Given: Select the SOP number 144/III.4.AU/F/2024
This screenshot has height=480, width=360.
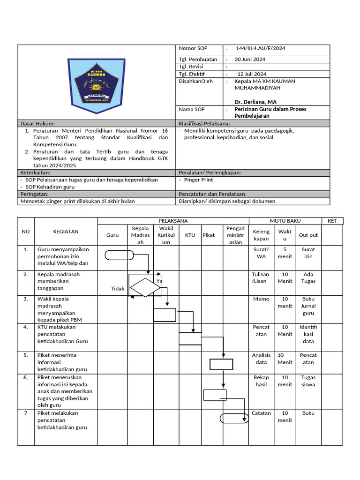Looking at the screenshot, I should click(x=263, y=49).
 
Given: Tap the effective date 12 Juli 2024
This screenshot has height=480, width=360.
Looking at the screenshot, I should click(x=252, y=74).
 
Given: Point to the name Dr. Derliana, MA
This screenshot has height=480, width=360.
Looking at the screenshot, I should click(x=255, y=102).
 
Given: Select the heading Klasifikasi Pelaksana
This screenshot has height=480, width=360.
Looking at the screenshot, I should click(x=204, y=123).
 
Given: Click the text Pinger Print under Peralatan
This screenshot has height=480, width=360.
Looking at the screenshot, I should click(x=198, y=180).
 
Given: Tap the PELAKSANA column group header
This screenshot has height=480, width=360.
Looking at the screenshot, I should click(x=173, y=221).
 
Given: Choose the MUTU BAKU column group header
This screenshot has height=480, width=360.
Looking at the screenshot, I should click(x=285, y=221).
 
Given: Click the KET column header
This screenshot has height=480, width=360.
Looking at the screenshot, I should click(x=332, y=221).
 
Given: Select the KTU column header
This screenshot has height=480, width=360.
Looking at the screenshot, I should click(x=190, y=235).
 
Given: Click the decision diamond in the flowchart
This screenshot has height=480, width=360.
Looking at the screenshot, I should click(x=145, y=287).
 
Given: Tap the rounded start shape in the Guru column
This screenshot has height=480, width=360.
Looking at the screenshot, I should click(x=120, y=255).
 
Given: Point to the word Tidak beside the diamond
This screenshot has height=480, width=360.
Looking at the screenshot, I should click(x=118, y=289).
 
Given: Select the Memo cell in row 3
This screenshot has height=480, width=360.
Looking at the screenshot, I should click(x=261, y=299).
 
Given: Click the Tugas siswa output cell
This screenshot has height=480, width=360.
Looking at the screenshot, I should click(x=308, y=381).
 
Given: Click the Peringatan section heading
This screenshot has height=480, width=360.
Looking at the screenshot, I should click(x=35, y=194).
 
